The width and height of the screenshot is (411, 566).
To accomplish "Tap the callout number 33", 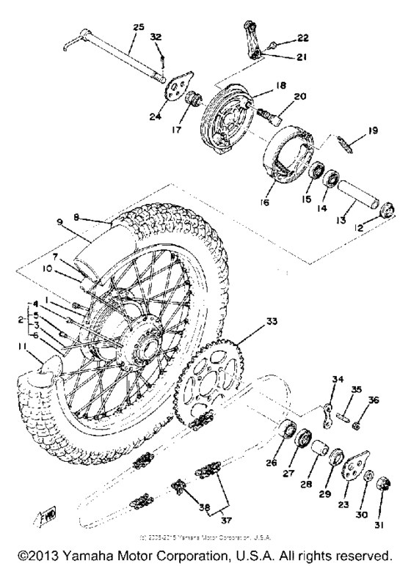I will tap(252, 320).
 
